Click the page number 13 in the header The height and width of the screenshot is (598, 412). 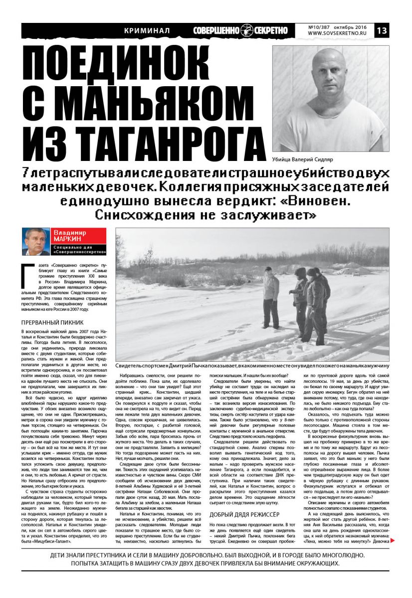tap(382, 30)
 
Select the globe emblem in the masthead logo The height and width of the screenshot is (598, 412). tap(247, 30)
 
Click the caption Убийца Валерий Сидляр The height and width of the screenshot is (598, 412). tap(302, 159)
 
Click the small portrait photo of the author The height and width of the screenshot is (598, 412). tap(35, 241)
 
